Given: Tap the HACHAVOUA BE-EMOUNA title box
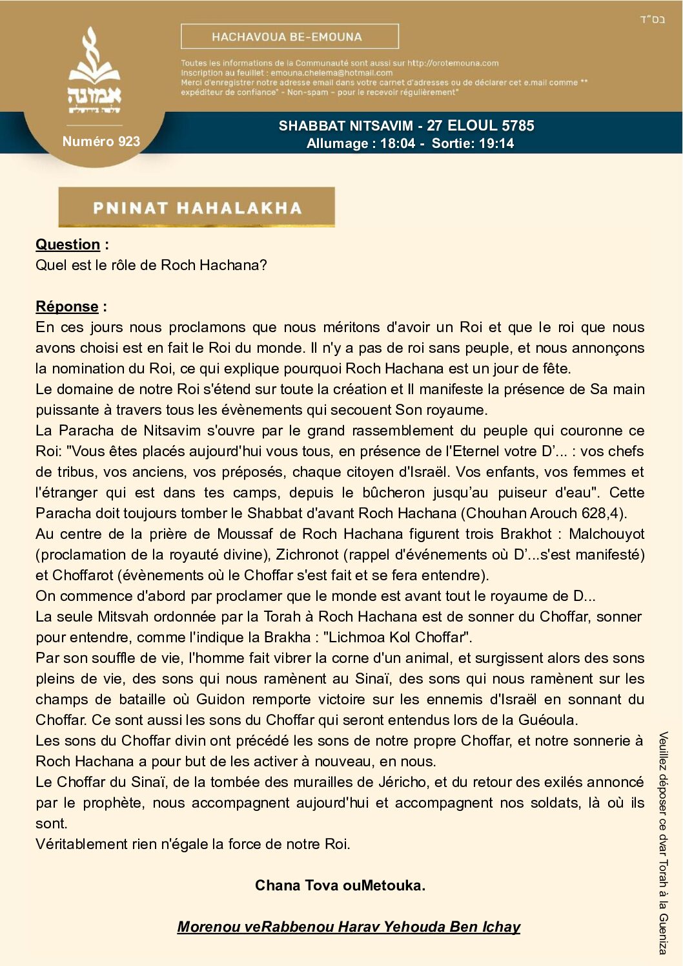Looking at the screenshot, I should click(289, 37).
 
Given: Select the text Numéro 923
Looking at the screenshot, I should click(101, 142).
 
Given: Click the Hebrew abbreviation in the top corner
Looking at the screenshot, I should click(652, 19).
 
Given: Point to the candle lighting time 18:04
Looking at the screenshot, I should click(398, 143).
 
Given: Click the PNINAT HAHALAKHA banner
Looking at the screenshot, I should click(197, 207).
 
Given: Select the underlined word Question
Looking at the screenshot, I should click(68, 244).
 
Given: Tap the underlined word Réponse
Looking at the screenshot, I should click(67, 306).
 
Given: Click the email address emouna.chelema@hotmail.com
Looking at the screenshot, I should click(331, 73).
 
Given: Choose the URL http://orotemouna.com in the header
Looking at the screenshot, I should click(453, 63).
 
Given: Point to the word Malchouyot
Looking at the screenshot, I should click(606, 534).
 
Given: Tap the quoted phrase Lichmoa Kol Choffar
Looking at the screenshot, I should click(397, 637).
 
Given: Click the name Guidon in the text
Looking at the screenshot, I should click(220, 699).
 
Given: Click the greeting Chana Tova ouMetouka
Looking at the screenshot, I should click(340, 885).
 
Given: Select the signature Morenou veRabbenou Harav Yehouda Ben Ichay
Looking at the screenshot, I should click(349, 927).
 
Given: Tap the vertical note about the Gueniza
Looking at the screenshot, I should click(663, 843).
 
